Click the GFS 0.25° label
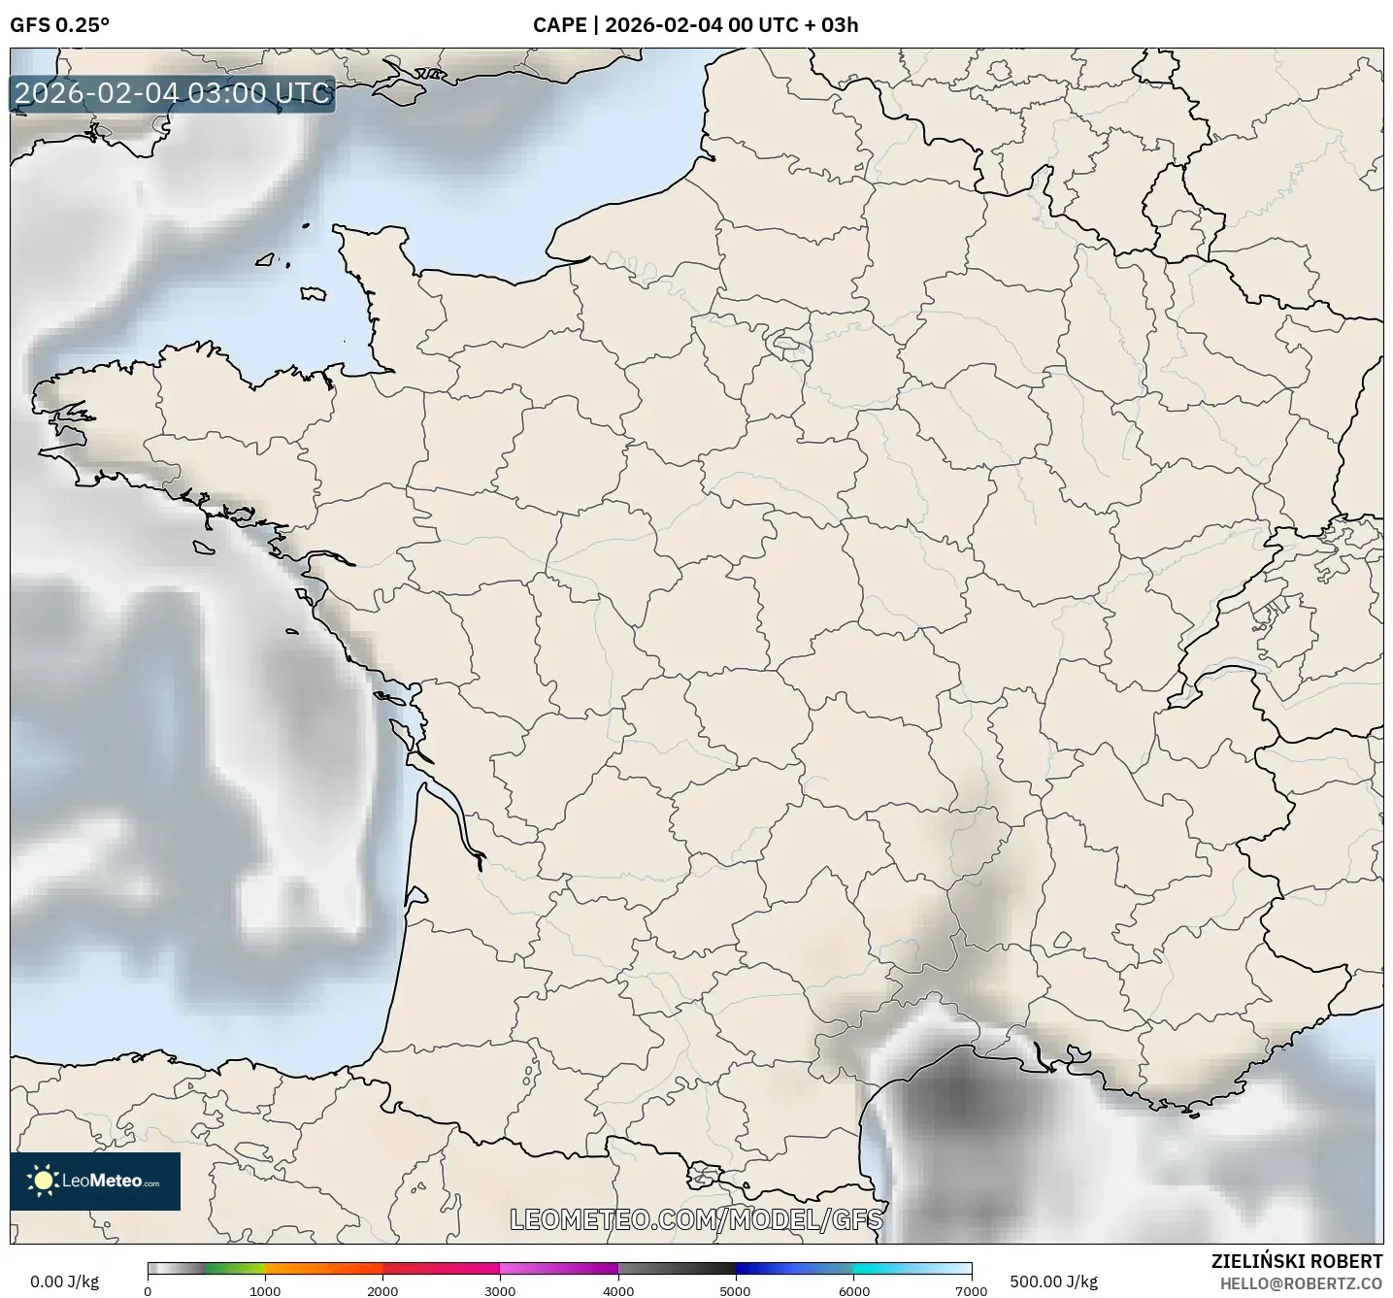point(59,25)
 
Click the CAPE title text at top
point(695,25)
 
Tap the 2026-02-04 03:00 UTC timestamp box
point(173,93)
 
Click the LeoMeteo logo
point(95,1181)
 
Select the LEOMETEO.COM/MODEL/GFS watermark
point(696,1218)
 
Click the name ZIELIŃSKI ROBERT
point(1297,1261)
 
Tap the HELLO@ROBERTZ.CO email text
point(1301,1282)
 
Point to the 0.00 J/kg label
point(64,1281)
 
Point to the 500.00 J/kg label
point(1053,1281)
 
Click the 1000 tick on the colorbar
point(265,1290)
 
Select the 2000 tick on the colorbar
point(382,1290)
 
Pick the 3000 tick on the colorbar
point(500,1290)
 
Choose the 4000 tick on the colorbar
point(618,1290)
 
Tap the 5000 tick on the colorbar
point(736,1290)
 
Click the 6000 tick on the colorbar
point(853,1290)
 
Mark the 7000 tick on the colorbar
point(971,1290)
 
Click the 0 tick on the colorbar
point(148,1290)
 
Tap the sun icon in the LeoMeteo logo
point(44,1181)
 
